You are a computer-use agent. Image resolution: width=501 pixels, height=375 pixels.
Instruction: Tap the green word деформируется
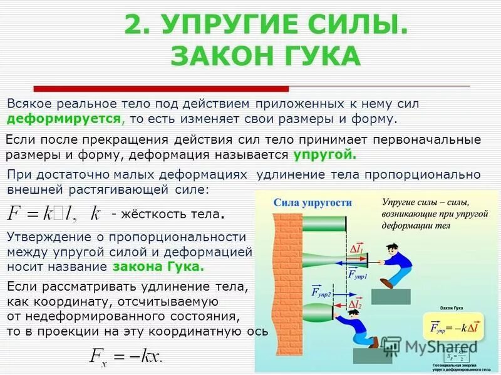[x=65, y=118]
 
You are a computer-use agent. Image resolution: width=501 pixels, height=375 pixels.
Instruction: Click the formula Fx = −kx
[x=126, y=356]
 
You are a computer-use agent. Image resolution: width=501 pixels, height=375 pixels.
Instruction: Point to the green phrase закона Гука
[x=159, y=266]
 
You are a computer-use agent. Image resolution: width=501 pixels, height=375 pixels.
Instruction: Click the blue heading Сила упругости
[x=312, y=202]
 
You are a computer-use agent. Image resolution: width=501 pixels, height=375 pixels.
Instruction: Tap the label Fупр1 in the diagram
[x=356, y=274]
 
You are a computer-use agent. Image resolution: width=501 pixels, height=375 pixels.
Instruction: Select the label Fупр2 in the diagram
[x=320, y=292]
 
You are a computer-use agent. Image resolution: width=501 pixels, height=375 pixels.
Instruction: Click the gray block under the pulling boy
[x=391, y=297]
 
